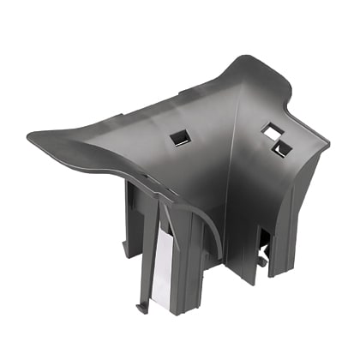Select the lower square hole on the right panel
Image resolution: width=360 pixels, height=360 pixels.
tap(280, 149)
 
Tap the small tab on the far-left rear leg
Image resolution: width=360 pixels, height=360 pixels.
tap(127, 249)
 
